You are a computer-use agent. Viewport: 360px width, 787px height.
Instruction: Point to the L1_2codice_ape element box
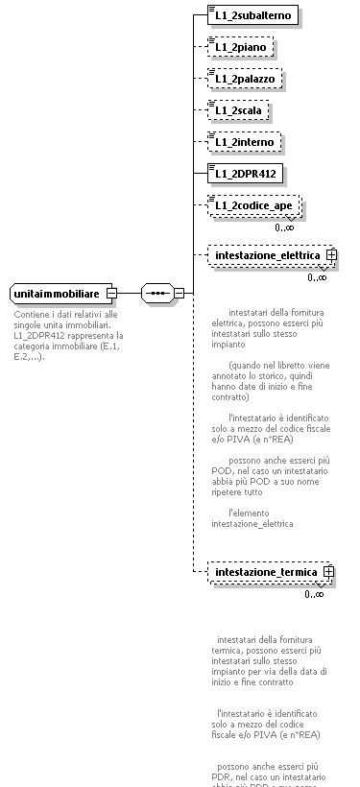pos(253,204)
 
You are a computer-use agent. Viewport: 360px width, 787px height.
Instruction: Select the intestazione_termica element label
pos(266,572)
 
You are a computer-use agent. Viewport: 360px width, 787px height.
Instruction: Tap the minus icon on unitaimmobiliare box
pos(111,292)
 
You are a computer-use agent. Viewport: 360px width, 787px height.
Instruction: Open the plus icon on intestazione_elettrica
pos(330,255)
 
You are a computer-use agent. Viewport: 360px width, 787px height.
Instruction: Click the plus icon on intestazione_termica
pos(328,572)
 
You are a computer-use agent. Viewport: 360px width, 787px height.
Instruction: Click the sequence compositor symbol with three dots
pos(156,292)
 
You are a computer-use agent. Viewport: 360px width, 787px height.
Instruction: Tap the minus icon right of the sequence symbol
pos(179,292)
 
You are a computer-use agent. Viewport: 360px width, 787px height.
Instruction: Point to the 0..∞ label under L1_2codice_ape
pos(284,227)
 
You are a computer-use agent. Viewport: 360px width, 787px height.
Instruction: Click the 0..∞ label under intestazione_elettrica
pos(317,278)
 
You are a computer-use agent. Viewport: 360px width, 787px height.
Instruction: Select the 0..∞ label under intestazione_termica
pos(314,594)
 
